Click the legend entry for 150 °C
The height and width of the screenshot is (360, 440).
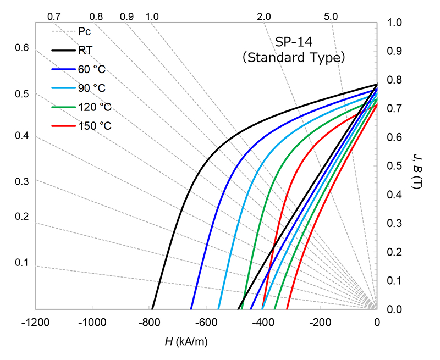95,126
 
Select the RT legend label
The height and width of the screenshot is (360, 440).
85,51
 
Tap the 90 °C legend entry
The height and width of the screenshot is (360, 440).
92,88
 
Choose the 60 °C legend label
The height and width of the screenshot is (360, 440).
92,69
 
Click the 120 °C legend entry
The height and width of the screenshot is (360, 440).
95,107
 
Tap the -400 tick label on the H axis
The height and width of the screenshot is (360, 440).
263,323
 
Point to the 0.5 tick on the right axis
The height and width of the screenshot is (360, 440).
394,166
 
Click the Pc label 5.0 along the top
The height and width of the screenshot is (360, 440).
331,16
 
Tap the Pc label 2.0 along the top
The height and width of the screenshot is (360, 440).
264,16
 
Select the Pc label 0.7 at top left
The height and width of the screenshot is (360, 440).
54,16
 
